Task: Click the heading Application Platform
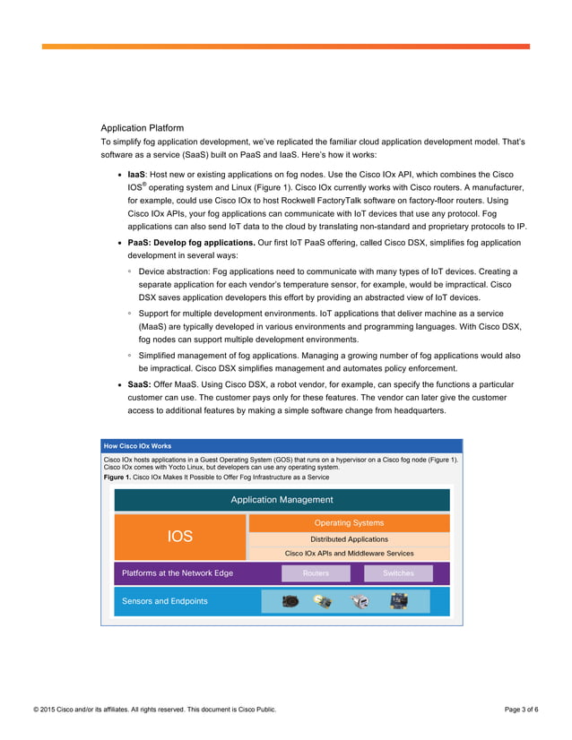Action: tap(142, 128)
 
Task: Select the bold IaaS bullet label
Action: tap(136, 174)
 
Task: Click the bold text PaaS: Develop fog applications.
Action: tap(191, 243)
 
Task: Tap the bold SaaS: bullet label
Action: tap(139, 383)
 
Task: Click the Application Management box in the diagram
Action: tap(282, 500)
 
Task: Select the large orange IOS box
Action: tap(179, 536)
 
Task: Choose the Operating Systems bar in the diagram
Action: tap(349, 522)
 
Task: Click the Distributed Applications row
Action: tap(349, 539)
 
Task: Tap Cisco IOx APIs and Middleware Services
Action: tap(349, 554)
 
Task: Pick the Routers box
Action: tap(316, 573)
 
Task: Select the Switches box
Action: tap(398, 573)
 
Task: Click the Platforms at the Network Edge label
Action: tap(178, 573)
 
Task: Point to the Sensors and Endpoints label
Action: tap(164, 601)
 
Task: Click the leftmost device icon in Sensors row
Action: tap(290, 601)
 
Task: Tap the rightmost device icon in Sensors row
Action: tap(400, 600)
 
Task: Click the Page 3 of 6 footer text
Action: tap(522, 710)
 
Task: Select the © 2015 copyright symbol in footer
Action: tap(37, 710)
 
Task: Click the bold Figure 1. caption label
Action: tap(117, 478)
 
